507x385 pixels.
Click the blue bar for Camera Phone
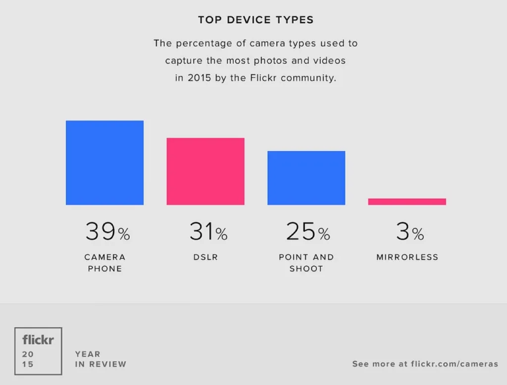click(104, 163)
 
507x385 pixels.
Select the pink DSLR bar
click(205, 171)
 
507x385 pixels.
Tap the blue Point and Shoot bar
click(306, 178)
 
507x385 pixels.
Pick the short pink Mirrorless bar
click(407, 202)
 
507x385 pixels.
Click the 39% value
click(107, 231)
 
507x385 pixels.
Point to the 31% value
click(208, 231)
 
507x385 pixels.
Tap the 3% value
click(409, 231)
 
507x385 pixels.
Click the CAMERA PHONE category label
click(105, 263)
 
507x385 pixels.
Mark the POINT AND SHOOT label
click(306, 263)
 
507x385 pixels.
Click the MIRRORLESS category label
click(407, 257)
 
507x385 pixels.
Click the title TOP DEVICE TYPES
click(255, 20)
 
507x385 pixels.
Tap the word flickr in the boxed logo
click(38, 340)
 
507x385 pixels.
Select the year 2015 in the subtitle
click(199, 78)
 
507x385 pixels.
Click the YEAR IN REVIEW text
click(101, 359)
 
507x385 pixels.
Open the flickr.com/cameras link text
click(455, 364)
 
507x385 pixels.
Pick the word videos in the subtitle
click(329, 61)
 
